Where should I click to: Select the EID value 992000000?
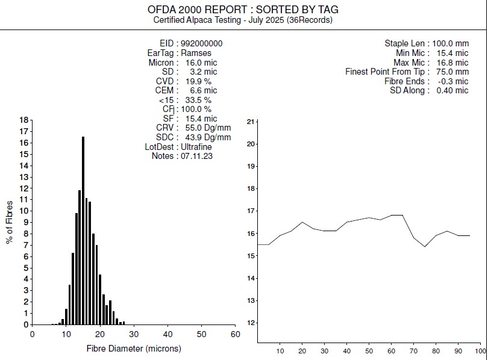(202, 43)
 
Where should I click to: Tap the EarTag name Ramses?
(196, 53)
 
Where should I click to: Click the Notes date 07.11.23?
(196, 156)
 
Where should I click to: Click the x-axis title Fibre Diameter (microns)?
(134, 348)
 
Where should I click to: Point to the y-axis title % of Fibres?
(9, 222)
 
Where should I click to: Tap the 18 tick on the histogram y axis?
(24, 120)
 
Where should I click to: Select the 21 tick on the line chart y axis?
(251, 122)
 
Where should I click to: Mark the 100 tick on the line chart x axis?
(480, 350)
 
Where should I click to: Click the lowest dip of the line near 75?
(425, 247)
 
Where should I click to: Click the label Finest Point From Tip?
(387, 72)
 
